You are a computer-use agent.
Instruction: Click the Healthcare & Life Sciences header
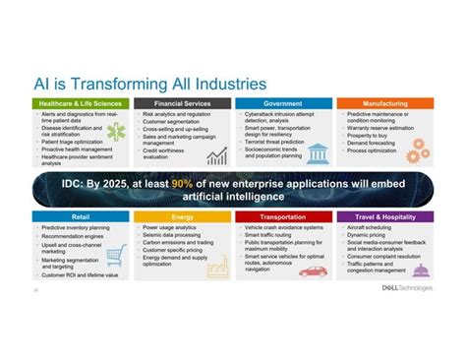click(x=79, y=103)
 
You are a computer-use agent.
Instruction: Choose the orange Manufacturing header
click(x=383, y=103)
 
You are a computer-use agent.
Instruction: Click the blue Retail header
click(x=79, y=215)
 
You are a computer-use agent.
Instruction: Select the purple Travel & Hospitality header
click(x=383, y=215)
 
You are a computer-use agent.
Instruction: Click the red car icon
click(x=313, y=271)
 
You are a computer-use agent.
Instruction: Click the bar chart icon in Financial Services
click(x=216, y=154)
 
